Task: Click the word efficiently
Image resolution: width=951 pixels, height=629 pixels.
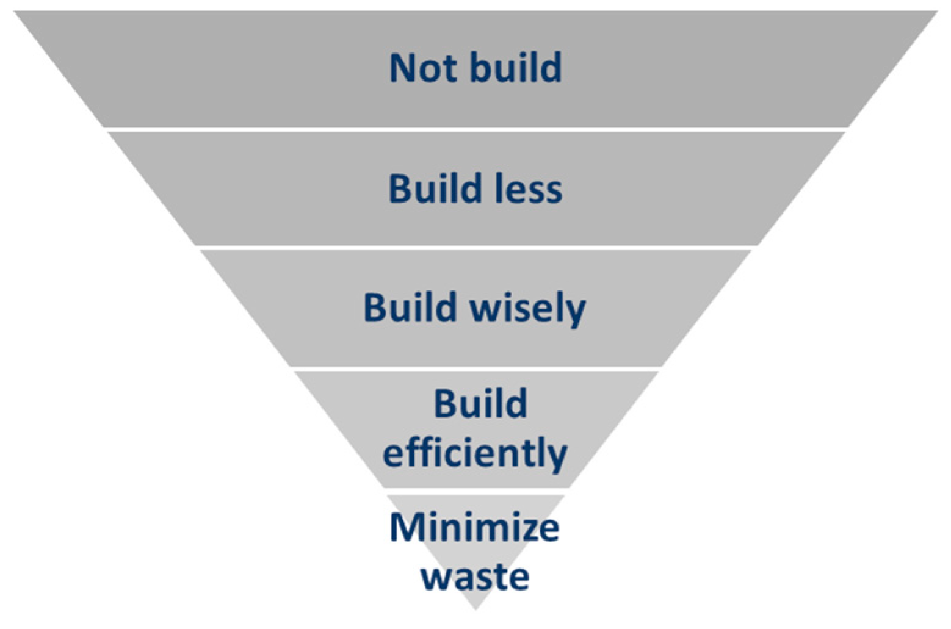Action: pyautogui.click(x=475, y=454)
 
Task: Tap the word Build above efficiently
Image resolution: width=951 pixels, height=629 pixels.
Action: pyautogui.click(x=480, y=404)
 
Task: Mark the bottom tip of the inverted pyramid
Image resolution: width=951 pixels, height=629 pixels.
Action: pyautogui.click(x=475, y=608)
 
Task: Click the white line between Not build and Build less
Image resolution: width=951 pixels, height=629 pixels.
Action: pyautogui.click(x=475, y=129)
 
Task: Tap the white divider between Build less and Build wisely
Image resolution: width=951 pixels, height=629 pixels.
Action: pyautogui.click(x=475, y=248)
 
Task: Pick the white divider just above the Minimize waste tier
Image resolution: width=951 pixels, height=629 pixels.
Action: pyautogui.click(x=475, y=490)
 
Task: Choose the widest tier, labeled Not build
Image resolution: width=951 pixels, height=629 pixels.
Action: pyautogui.click(x=244, y=67)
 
